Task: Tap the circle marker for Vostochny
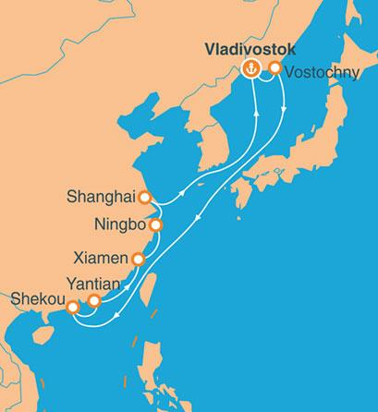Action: coord(274,67)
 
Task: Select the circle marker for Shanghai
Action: coord(143,197)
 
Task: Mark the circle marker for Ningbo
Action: coord(155,224)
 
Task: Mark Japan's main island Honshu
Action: coord(305,157)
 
